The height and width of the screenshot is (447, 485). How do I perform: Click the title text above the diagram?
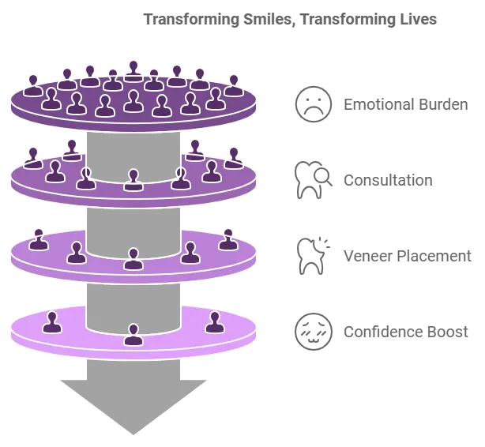[x=290, y=18]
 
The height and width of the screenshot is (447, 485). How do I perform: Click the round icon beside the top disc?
[x=309, y=103]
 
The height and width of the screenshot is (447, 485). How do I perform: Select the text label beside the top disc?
[x=404, y=104]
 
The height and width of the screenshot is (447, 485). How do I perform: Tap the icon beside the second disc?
[x=309, y=180]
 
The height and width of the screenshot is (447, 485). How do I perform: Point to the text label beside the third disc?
[x=407, y=256]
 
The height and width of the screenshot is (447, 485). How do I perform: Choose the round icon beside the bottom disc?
[x=309, y=331]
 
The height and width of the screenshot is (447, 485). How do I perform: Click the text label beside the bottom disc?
[x=407, y=332]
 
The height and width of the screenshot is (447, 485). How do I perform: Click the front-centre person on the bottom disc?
[x=133, y=335]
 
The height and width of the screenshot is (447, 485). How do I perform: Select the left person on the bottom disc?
[x=52, y=322]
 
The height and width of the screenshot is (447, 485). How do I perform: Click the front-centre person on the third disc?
[x=133, y=259]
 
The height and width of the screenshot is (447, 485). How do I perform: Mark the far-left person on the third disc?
[x=39, y=239]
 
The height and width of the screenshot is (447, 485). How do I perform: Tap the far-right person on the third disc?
[x=228, y=239]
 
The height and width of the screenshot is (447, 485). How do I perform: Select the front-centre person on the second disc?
[x=133, y=180]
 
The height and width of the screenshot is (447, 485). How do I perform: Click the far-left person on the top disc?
[x=33, y=85]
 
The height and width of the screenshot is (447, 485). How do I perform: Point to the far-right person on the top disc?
[x=234, y=85]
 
